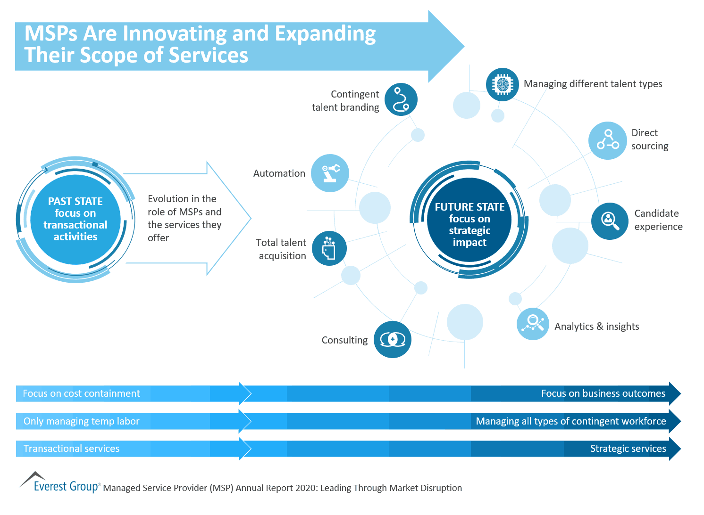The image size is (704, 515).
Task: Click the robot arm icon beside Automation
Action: pyautogui.click(x=330, y=173)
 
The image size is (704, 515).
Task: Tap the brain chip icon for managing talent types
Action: pyautogui.click(x=502, y=84)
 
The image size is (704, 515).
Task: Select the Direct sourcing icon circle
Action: pyautogui.click(x=608, y=140)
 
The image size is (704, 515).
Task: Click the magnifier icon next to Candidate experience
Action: pyautogui.click(x=610, y=221)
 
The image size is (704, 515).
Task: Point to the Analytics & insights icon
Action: pyautogui.click(x=533, y=324)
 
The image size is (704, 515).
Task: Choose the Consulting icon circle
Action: pyautogui.click(x=392, y=339)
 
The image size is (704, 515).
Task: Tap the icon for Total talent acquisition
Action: pyautogui.click(x=329, y=248)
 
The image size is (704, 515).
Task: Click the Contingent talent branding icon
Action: pyautogui.click(x=401, y=100)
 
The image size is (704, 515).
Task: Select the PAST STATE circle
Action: pyautogui.click(x=75, y=219)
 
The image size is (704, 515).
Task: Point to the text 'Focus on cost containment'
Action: pyautogui.click(x=81, y=393)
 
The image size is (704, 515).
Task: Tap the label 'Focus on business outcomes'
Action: pyautogui.click(x=603, y=393)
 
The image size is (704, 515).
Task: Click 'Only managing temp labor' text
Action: pyautogui.click(x=81, y=421)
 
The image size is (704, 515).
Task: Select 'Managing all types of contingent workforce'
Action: pyautogui.click(x=571, y=421)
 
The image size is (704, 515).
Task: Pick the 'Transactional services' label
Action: pyautogui.click(x=71, y=449)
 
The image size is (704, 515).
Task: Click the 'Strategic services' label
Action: pyautogui.click(x=628, y=449)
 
